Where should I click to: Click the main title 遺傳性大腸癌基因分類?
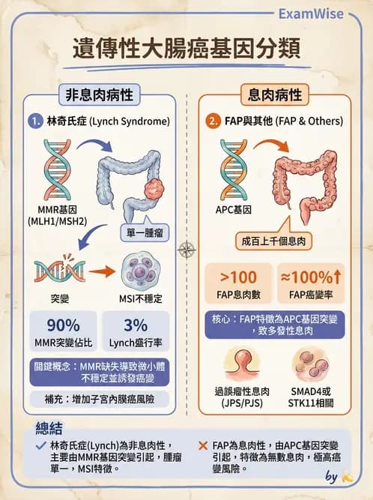click(186, 47)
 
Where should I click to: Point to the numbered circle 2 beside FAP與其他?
click(213, 120)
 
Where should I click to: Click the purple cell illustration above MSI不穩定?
click(134, 274)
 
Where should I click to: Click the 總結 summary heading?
click(52, 428)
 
